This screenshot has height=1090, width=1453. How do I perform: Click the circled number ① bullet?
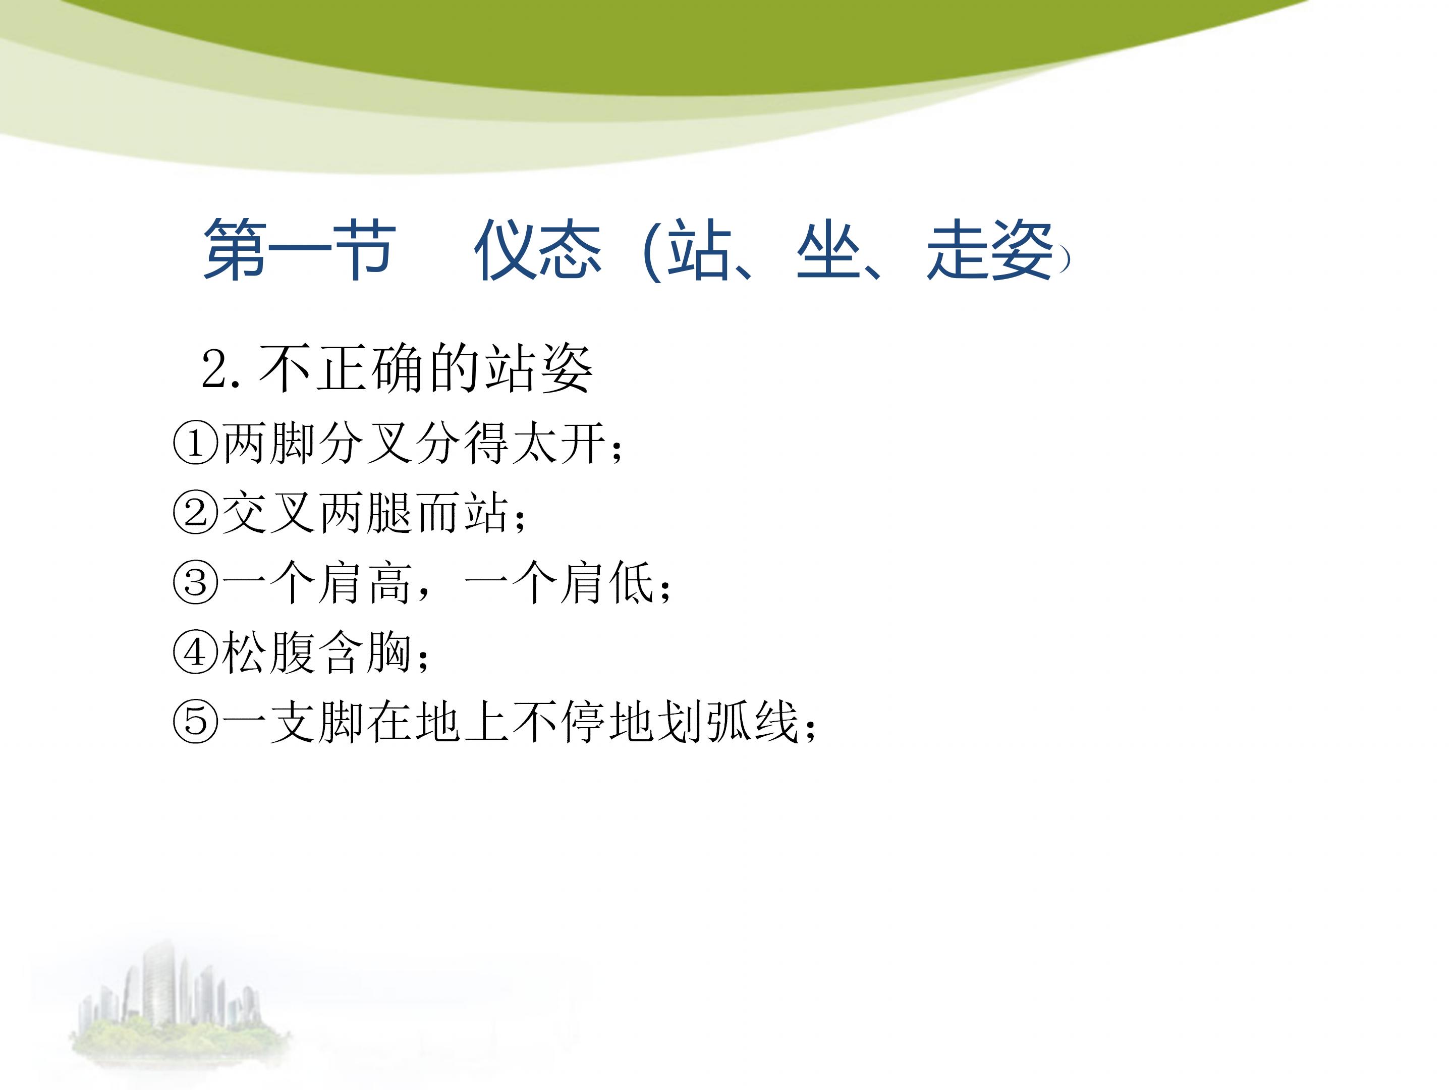coord(195,444)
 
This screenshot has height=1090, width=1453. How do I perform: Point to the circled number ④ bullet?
coord(195,652)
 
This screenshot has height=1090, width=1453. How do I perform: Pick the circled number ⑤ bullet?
coord(195,722)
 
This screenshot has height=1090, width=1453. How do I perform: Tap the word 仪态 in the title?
coord(537,250)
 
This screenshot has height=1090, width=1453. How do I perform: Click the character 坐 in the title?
coord(828,250)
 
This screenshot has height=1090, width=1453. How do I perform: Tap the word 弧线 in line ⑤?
coord(752,722)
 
